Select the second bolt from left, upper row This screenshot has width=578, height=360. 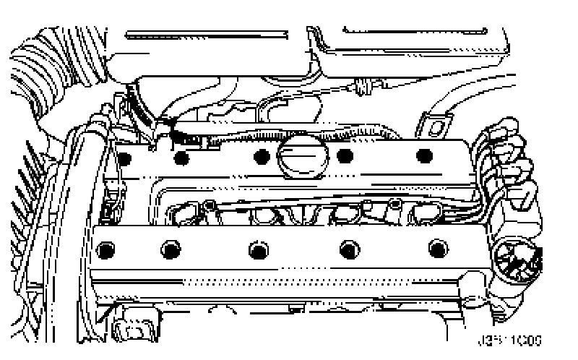[182, 157]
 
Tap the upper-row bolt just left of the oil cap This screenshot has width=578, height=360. [261, 155]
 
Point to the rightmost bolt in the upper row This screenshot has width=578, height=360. [424, 155]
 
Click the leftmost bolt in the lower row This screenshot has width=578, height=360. [108, 249]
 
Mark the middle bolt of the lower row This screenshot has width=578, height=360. [258, 249]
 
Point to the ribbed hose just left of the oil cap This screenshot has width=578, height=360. [238, 137]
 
